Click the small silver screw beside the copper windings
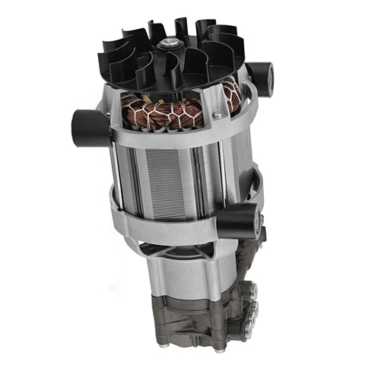[x=217, y=115]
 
